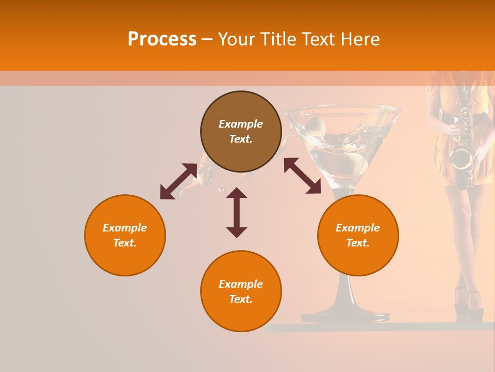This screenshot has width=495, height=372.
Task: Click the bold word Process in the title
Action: click(162, 39)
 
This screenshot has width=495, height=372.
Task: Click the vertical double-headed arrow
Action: click(237, 212)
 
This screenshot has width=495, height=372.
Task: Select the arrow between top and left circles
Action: click(178, 181)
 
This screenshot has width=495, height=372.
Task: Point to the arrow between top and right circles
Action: click(302, 176)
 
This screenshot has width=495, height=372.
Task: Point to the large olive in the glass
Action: click(353, 164)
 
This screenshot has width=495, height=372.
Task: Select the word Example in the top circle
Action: click(241, 124)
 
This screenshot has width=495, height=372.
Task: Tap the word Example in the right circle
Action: click(358, 228)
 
